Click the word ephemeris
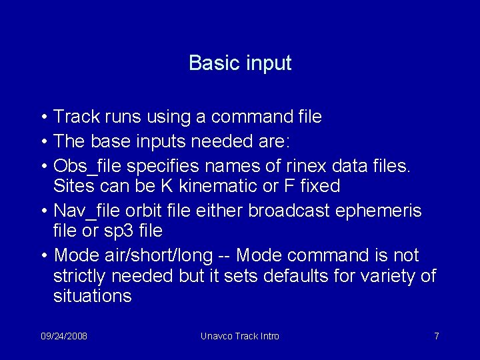click(x=389, y=211)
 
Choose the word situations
click(x=93, y=295)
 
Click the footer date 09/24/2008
click(x=64, y=336)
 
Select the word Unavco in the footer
click(x=216, y=336)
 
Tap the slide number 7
click(x=436, y=336)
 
